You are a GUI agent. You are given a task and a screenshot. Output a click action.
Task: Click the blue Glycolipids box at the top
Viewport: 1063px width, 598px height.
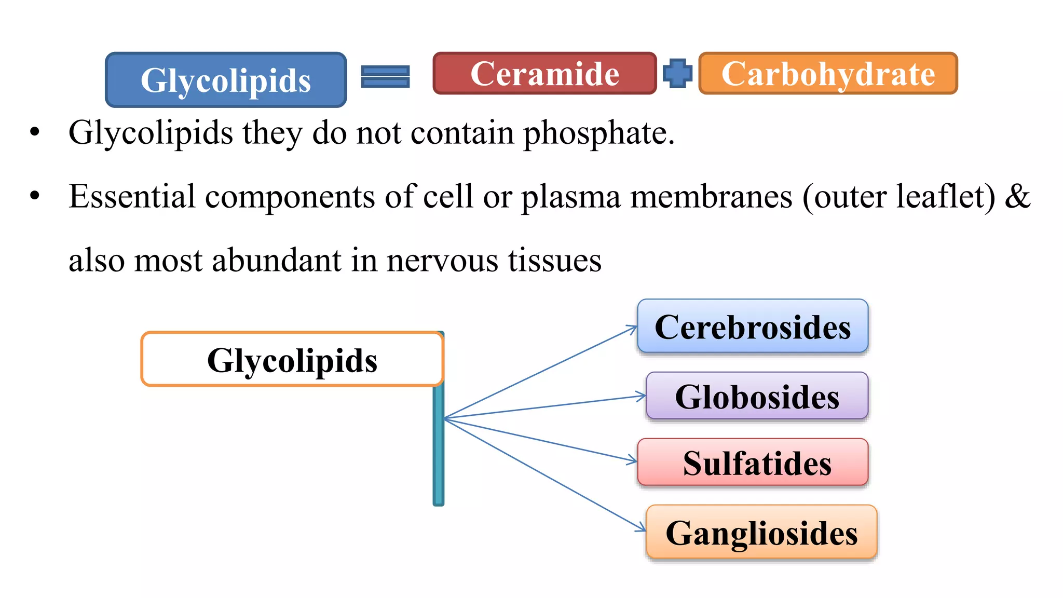point(226,80)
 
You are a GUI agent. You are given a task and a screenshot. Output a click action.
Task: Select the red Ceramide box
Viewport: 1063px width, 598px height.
point(544,73)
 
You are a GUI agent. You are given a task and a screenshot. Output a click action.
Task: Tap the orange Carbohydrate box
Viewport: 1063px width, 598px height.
point(828,73)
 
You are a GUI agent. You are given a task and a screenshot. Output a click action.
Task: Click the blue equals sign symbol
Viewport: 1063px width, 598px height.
point(385,76)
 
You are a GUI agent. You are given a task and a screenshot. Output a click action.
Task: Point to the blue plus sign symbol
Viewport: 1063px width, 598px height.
point(677,73)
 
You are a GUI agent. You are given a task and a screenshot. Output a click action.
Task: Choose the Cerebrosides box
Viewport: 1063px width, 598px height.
point(753,327)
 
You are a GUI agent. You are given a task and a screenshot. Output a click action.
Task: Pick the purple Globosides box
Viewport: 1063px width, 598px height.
point(757,396)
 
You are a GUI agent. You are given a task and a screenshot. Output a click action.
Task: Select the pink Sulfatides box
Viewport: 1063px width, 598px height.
point(753,462)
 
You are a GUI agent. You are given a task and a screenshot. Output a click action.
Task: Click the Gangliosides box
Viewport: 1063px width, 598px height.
point(761,532)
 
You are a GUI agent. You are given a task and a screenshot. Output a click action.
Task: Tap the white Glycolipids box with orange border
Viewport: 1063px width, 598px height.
point(292,359)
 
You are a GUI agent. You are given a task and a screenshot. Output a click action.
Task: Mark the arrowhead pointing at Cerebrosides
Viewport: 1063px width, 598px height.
point(633,328)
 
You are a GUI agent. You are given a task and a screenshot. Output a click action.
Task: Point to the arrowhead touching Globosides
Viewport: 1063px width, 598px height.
point(642,396)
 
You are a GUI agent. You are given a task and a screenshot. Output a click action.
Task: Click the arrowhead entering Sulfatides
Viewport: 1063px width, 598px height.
point(633,460)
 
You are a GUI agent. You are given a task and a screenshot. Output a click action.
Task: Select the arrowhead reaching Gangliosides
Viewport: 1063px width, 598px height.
point(642,528)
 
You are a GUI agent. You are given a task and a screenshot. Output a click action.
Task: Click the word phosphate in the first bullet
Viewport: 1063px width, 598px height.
point(598,133)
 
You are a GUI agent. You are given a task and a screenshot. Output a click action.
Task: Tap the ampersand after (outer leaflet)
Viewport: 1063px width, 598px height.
point(1017,196)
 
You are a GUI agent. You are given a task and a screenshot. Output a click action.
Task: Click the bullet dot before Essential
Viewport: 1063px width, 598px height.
point(35,196)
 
